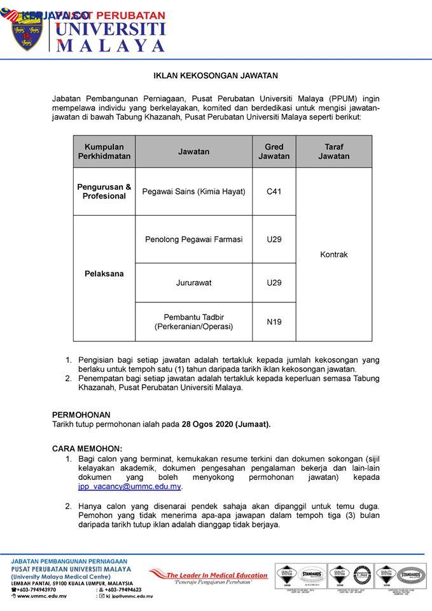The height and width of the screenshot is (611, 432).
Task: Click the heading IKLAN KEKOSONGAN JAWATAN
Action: tap(216, 75)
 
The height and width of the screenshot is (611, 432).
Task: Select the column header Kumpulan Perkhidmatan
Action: tap(104, 151)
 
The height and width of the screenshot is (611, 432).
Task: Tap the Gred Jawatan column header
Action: tap(274, 151)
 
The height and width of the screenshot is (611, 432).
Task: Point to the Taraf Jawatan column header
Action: tap(333, 151)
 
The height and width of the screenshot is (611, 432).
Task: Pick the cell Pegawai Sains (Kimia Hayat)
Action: tap(193, 192)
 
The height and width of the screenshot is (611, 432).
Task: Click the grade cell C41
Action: tap(274, 192)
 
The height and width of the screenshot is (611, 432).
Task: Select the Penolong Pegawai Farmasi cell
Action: tap(193, 239)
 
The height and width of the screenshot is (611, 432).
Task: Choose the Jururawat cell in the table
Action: tap(193, 283)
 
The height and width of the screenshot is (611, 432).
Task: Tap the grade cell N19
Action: tap(274, 322)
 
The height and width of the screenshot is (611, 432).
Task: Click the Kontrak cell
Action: tap(333, 255)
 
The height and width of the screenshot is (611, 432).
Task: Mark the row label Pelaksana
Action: tap(104, 274)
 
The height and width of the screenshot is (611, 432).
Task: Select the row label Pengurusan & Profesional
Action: tap(104, 192)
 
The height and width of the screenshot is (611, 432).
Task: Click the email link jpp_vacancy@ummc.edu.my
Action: tap(130, 487)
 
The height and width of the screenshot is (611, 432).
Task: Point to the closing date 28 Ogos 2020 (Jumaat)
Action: tap(226, 425)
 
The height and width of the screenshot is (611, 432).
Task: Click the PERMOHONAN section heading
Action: tap(81, 414)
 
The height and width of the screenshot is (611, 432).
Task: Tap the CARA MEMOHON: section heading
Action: tap(87, 448)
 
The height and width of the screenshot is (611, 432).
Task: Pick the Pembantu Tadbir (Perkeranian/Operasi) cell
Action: tap(193, 322)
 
